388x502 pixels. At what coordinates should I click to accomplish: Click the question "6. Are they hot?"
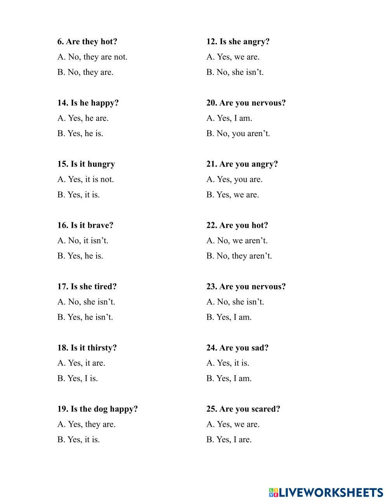(x=87, y=42)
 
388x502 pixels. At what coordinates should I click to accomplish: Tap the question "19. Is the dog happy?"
(x=97, y=409)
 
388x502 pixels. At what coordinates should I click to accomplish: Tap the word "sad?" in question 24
(x=260, y=348)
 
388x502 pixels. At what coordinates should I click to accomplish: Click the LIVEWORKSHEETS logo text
(x=330, y=492)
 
